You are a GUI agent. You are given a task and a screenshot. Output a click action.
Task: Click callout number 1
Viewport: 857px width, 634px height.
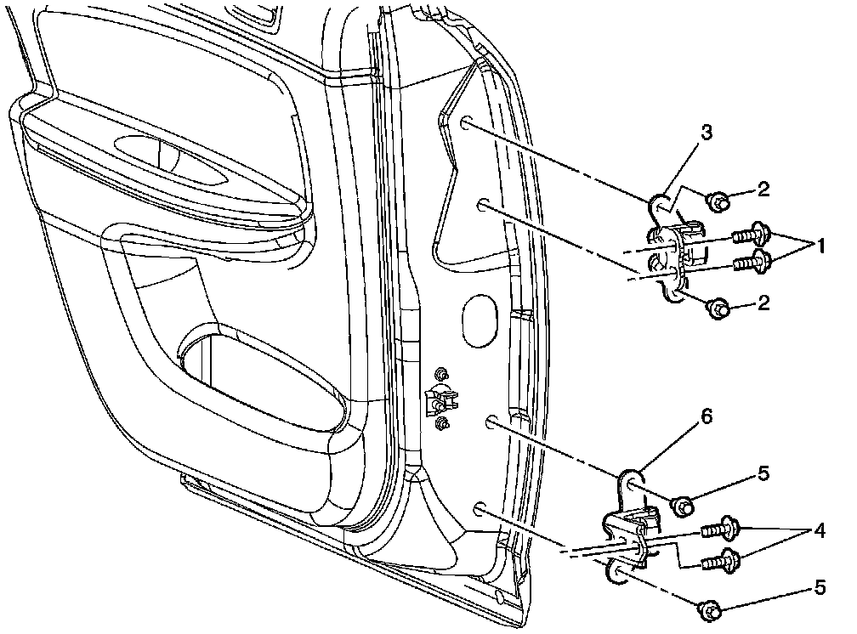coord(821,246)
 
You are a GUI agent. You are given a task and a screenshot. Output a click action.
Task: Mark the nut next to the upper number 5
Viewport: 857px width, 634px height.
coord(684,506)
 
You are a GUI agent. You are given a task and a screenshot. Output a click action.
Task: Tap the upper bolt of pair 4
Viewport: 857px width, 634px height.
coord(718,529)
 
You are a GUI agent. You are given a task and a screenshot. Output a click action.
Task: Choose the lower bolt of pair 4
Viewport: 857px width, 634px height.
coord(720,561)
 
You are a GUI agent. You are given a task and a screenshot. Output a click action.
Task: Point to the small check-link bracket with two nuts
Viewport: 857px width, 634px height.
coord(441,399)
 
